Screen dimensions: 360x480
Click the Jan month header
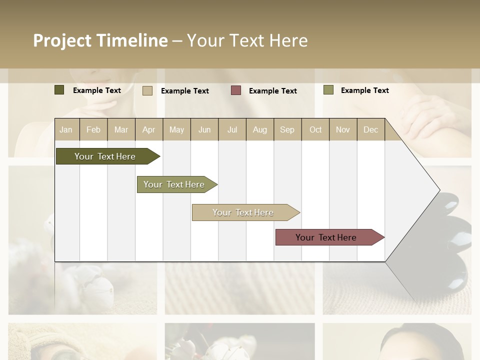[66, 129]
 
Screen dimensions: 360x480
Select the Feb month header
[93, 129]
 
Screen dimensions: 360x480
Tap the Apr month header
[148, 129]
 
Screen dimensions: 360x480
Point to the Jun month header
[204, 129]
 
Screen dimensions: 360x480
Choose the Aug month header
[259, 129]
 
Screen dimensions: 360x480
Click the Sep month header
[287, 129]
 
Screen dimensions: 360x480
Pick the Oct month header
[315, 129]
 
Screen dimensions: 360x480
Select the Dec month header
[370, 129]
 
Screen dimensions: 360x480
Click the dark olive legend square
[59, 90]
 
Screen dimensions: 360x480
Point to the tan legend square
[147, 90]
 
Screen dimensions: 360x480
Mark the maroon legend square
[235, 90]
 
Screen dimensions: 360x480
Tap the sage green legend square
[328, 90]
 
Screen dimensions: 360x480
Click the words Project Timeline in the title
[100, 40]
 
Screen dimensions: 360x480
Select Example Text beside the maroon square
[272, 91]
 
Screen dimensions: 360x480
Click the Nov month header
[342, 129]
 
